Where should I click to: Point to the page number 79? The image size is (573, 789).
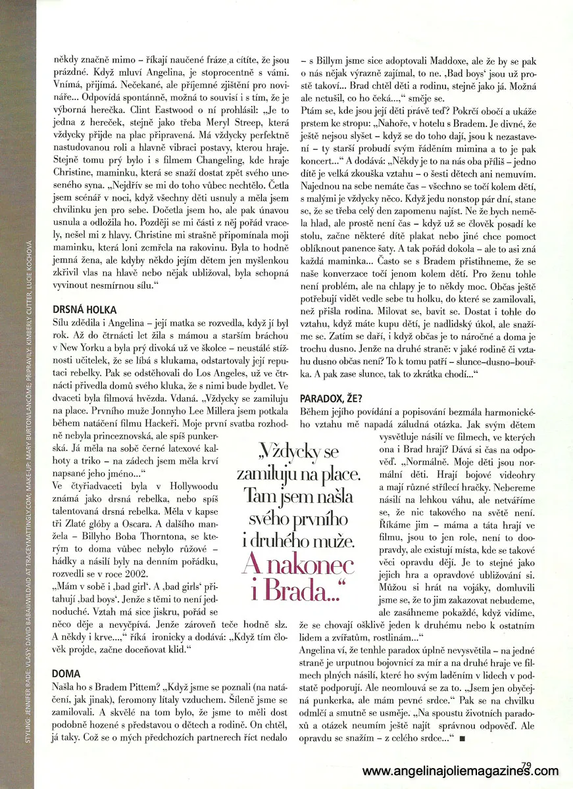click(x=526, y=764)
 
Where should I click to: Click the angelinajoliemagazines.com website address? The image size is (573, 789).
click(x=461, y=771)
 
